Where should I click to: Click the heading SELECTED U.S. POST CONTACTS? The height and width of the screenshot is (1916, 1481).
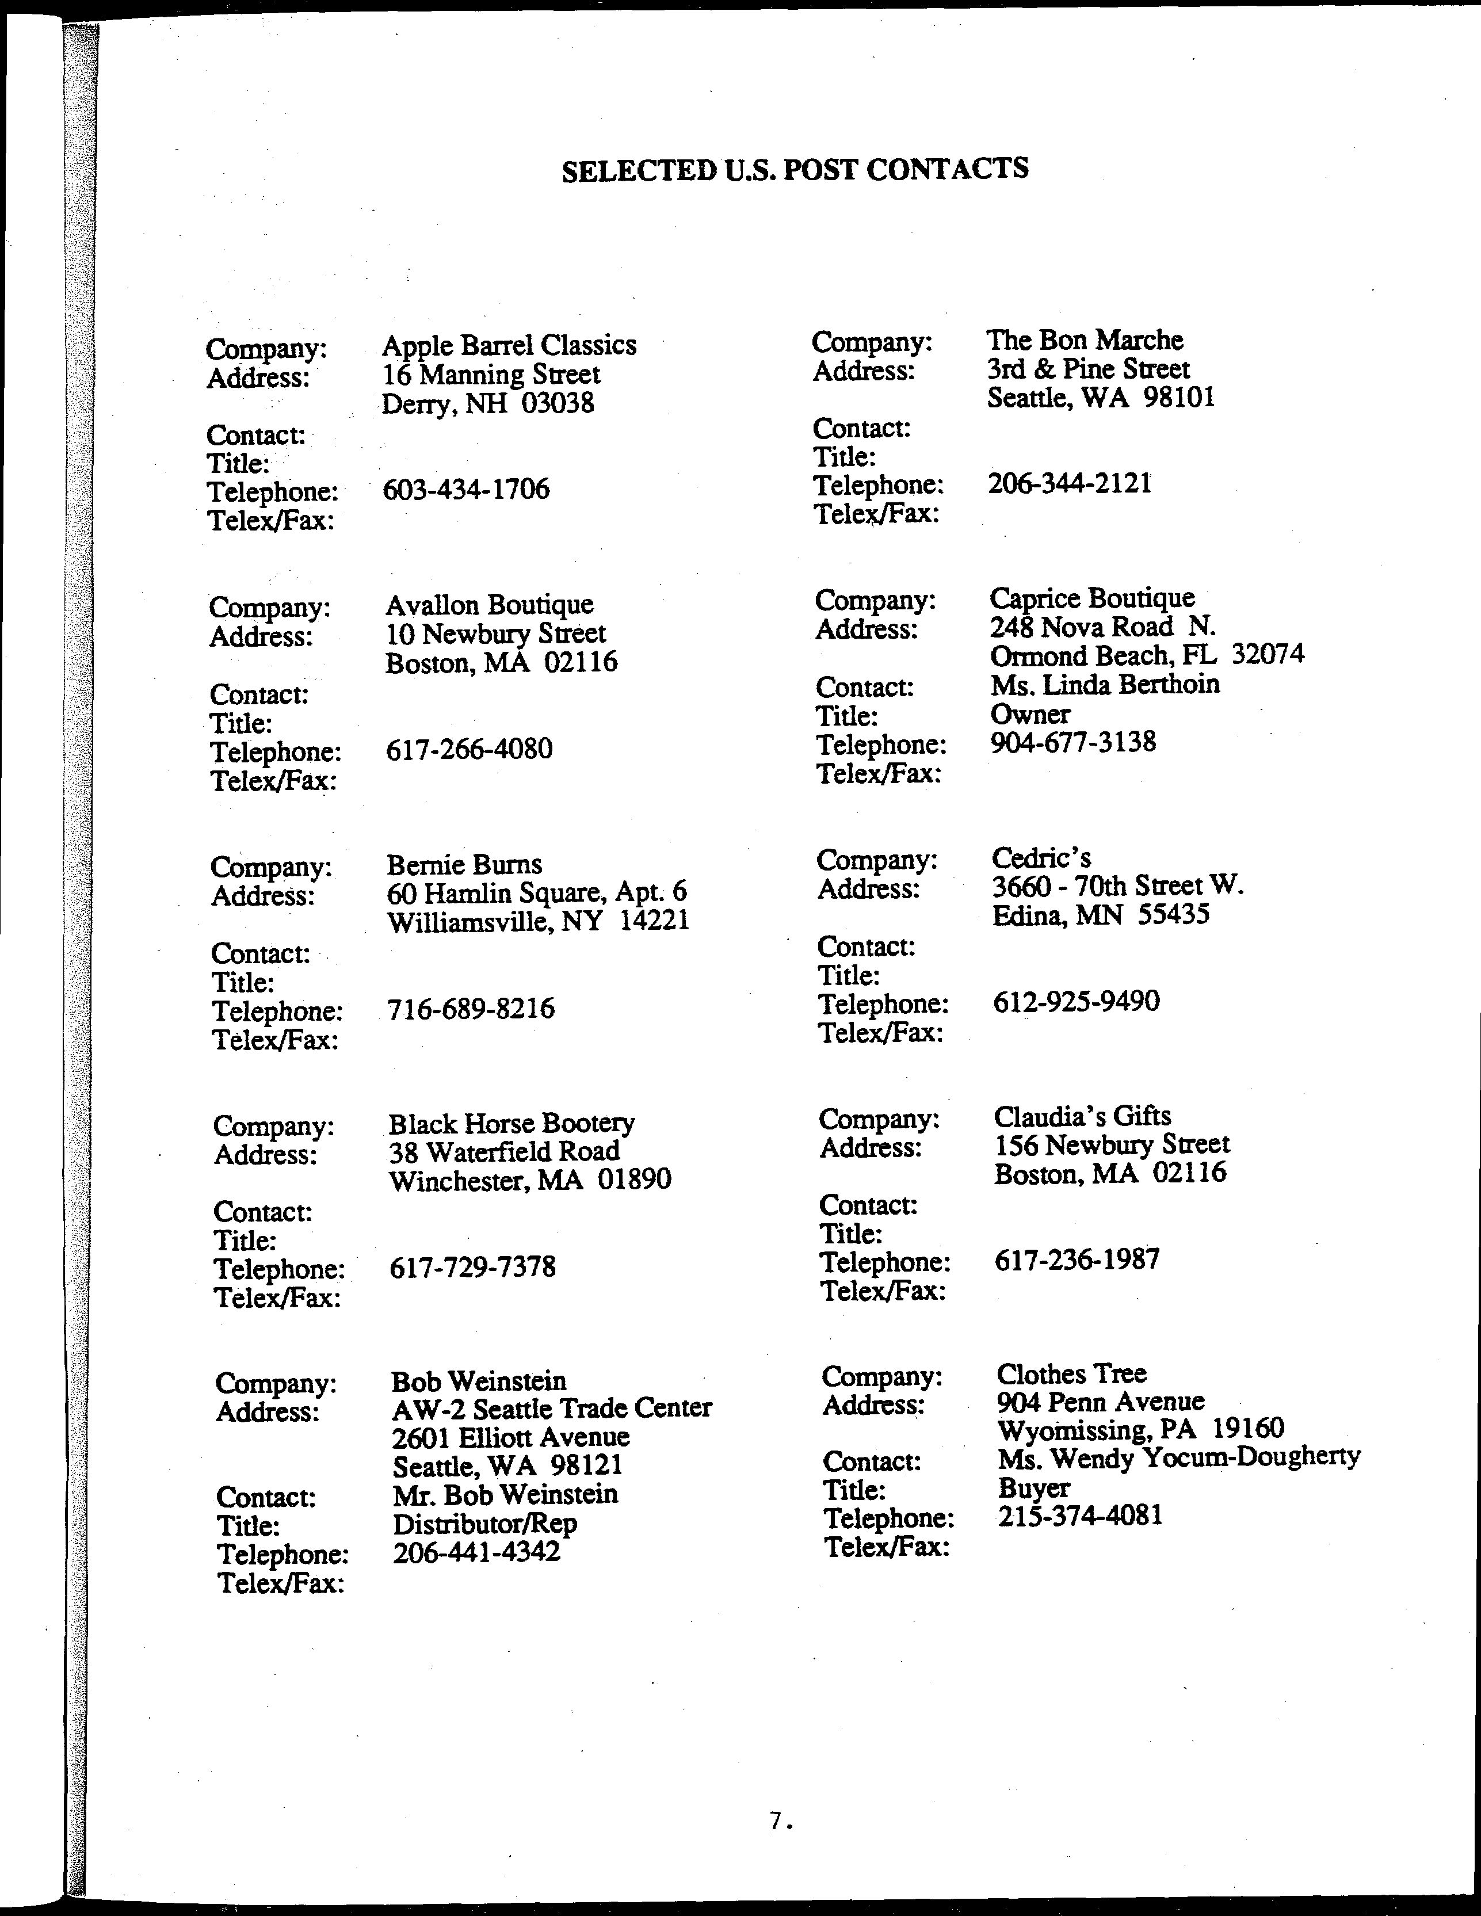pyautogui.click(x=795, y=169)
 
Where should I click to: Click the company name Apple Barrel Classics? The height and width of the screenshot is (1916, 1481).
pyautogui.click(x=509, y=346)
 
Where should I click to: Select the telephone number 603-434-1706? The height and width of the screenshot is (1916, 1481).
pyautogui.click(x=466, y=488)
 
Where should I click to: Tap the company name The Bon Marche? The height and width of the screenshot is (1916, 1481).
pyautogui.click(x=1085, y=341)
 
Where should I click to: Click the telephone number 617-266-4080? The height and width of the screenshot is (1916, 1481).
pyautogui.click(x=468, y=749)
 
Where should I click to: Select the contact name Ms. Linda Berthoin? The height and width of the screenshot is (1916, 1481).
pyautogui.click(x=1105, y=684)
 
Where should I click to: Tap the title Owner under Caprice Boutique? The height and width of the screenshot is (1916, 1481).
pyautogui.click(x=1030, y=714)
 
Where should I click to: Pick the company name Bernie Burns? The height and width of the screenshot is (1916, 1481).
pyautogui.click(x=464, y=865)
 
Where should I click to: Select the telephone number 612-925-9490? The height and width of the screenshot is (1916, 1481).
pyautogui.click(x=1076, y=1001)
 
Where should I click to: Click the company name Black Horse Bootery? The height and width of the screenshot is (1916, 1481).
pyautogui.click(x=512, y=1124)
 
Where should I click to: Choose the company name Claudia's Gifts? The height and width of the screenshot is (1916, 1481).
pyautogui.click(x=1082, y=1116)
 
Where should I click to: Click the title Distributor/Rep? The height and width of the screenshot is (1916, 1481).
pyautogui.click(x=484, y=1524)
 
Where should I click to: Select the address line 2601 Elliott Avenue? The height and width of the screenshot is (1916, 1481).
pyautogui.click(x=510, y=1437)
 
